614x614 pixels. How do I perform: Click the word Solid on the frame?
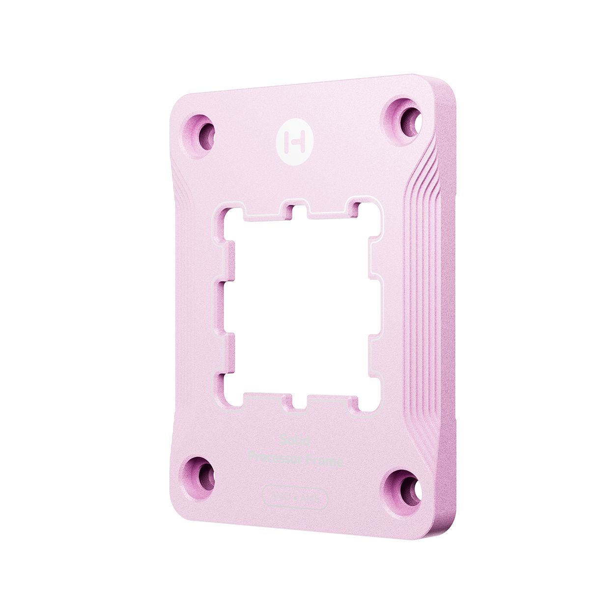pyautogui.click(x=294, y=441)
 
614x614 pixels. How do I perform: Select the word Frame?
pyautogui.click(x=325, y=461)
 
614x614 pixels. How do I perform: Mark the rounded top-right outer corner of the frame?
pyautogui.click(x=445, y=88)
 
